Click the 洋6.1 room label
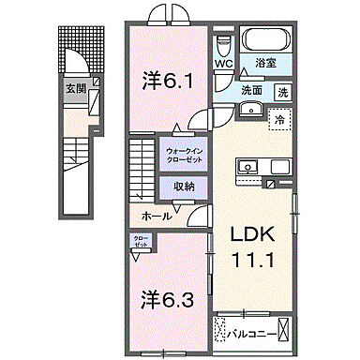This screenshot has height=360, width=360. tap(168, 81)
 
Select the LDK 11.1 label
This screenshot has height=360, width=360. tap(247, 248)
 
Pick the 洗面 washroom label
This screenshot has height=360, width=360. tap(250, 92)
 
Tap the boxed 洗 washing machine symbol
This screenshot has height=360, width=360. tap(283, 92)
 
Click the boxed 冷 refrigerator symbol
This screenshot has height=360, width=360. tap(277, 119)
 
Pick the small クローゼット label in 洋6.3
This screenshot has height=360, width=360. tap(138, 243)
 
